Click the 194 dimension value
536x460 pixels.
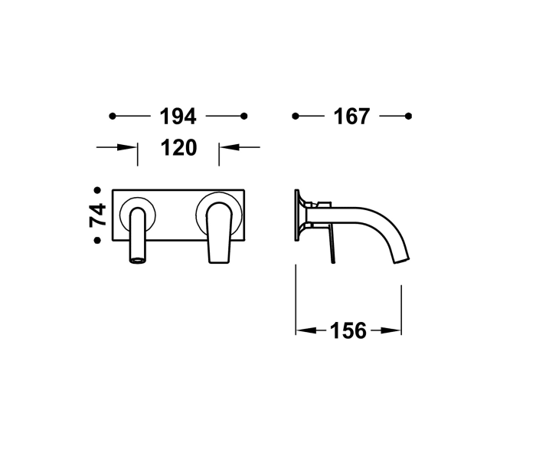coord(178,117)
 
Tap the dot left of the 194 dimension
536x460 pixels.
coord(113,116)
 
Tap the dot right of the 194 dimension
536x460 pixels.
coord(244,116)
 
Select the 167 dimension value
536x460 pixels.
coord(351,117)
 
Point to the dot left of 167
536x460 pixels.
coord(296,116)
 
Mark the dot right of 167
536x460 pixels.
coord(408,116)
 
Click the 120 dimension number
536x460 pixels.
coord(178,147)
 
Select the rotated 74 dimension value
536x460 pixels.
coord(97,215)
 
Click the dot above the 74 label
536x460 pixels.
coord(97,189)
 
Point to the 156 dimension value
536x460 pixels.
coord(348,330)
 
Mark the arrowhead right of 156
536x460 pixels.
coord(396,330)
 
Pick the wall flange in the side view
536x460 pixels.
coord(298,215)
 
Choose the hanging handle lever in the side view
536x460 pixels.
coord(332,245)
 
